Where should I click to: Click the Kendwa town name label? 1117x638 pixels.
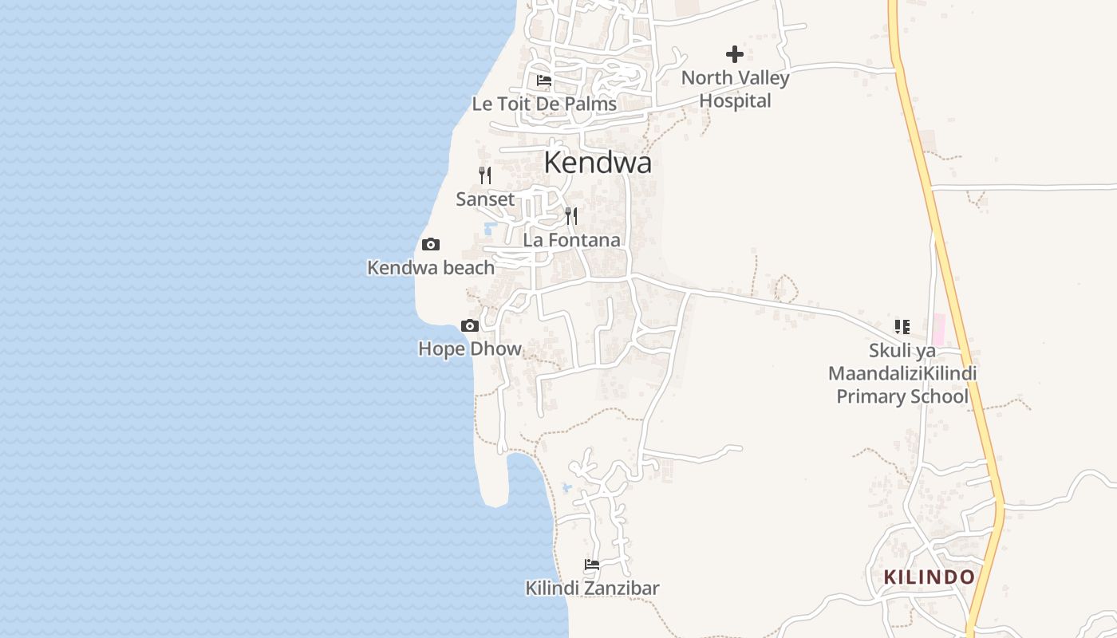598,163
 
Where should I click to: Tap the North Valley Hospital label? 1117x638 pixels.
735,89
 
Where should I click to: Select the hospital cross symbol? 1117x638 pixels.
735,54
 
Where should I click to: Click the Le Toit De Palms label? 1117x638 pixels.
544,104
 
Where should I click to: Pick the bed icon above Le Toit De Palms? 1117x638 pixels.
544,81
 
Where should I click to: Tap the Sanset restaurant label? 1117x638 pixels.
485,199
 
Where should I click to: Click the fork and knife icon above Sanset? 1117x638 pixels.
485,175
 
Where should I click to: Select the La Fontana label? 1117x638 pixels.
571,240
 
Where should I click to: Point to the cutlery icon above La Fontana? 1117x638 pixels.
571,216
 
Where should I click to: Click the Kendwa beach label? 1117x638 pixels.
431,268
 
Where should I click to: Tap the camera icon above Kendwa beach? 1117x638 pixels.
431,245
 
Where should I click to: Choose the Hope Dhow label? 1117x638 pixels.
470,349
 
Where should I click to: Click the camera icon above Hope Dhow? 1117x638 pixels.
470,325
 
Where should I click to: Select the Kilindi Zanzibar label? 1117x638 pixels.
592,589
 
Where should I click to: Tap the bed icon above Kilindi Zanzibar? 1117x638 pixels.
592,565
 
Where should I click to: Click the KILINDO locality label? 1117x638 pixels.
929,577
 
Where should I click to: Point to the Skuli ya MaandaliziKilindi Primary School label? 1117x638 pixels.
902,373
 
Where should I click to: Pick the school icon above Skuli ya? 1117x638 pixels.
902,326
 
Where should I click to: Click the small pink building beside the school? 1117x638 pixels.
938,329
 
